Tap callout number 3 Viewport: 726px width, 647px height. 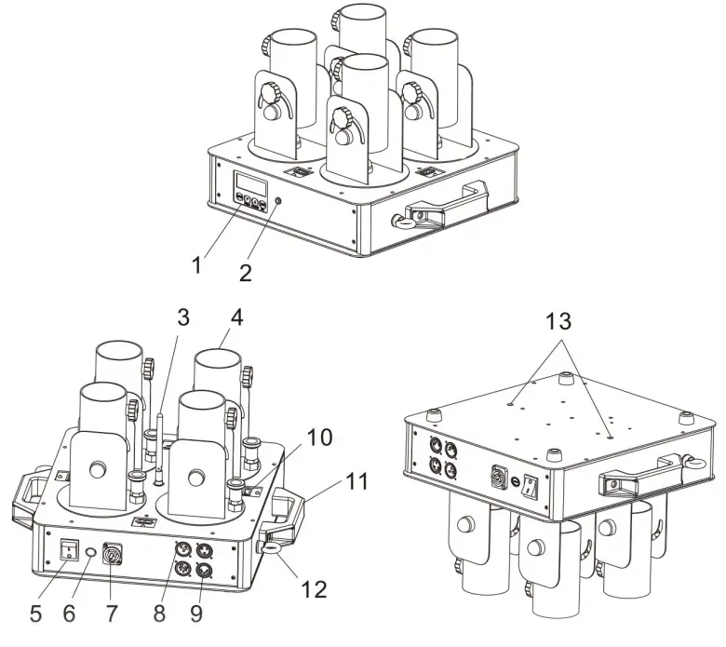pos(183,317)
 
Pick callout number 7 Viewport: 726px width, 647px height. pos(114,614)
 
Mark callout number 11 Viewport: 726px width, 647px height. pos(357,481)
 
